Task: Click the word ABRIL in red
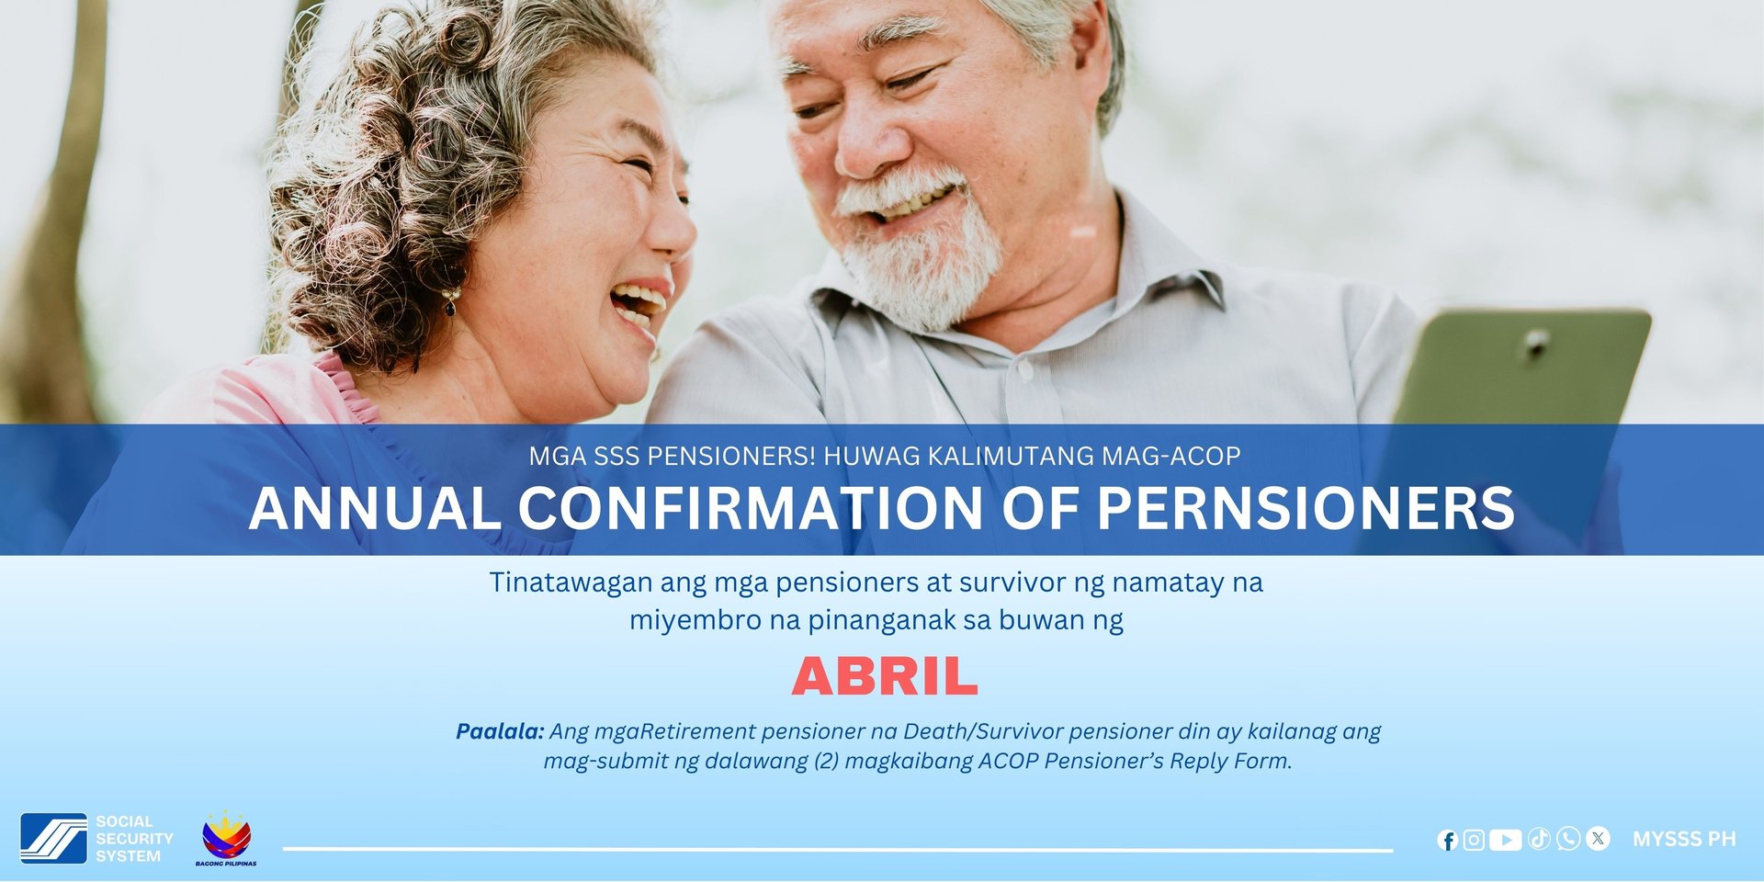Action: (x=885, y=677)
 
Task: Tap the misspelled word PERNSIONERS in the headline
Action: (x=1306, y=508)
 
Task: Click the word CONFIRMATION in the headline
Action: (x=751, y=508)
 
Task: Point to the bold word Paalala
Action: (x=500, y=731)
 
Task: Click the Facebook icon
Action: (x=1448, y=840)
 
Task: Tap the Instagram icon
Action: (x=1474, y=840)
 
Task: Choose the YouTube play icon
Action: (x=1505, y=840)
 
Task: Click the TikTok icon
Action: (x=1539, y=839)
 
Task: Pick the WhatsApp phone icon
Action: (x=1568, y=839)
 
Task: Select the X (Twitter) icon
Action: (x=1599, y=838)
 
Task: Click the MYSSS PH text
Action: (x=1684, y=839)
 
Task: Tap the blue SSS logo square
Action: (x=54, y=838)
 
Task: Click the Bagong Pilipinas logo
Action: (x=226, y=838)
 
